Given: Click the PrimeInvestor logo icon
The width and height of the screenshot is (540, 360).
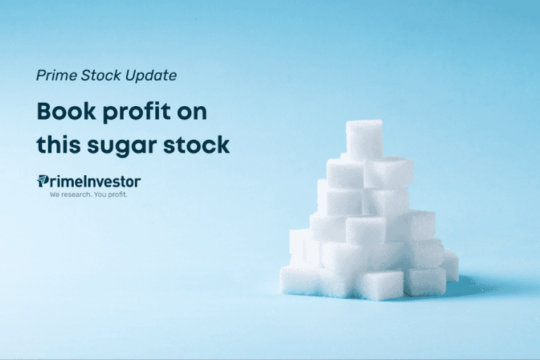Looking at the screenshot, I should click(42, 181).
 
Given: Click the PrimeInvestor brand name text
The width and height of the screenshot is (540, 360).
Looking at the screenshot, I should click(94, 181).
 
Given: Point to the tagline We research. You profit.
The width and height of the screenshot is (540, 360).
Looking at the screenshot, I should click(88, 194).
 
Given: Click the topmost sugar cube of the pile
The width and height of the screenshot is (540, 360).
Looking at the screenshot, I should click(364, 139).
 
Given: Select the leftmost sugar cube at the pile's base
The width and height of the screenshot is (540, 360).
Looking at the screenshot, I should click(298, 279).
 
